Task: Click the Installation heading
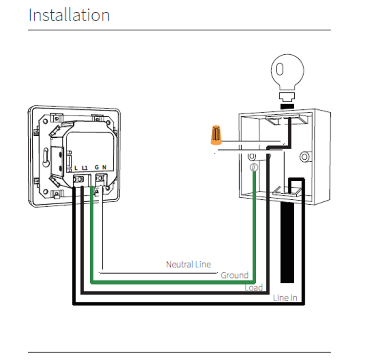[69, 15]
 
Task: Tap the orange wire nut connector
[216, 135]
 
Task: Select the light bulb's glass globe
[287, 71]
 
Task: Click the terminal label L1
[85, 168]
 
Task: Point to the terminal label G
[97, 167]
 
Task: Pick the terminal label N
[104, 167]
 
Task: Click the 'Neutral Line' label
[188, 264]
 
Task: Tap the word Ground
[235, 275]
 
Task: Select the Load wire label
[254, 287]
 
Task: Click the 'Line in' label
[285, 298]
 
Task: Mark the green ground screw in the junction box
[254, 167]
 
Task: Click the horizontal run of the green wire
[173, 282]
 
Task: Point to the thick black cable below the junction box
[287, 242]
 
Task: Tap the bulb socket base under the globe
[287, 97]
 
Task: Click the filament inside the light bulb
[280, 69]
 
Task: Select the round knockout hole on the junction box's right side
[305, 156]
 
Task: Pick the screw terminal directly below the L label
[79, 179]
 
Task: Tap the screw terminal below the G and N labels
[101, 178]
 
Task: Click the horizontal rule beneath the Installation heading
[179, 30]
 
